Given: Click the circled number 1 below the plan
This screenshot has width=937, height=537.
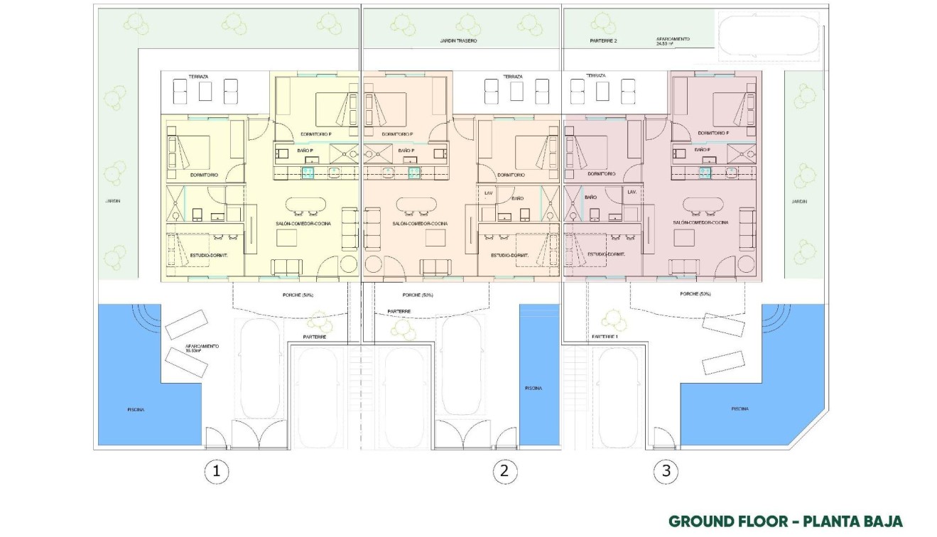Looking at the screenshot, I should (x=217, y=470).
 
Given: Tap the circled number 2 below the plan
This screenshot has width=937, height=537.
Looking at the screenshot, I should (x=504, y=470).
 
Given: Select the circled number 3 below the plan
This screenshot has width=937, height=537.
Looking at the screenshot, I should (x=665, y=470).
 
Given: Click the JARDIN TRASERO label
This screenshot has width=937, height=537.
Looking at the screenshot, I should (x=458, y=41).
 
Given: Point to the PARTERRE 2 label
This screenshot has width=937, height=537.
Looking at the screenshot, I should (x=603, y=41).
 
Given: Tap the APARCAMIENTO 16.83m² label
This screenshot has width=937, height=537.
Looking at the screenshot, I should (x=202, y=349).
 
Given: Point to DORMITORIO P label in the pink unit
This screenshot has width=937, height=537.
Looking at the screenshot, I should (x=714, y=134).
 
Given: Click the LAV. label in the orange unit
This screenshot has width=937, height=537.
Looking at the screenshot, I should (x=488, y=192).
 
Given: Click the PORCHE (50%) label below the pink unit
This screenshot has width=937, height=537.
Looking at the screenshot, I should (x=695, y=294).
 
